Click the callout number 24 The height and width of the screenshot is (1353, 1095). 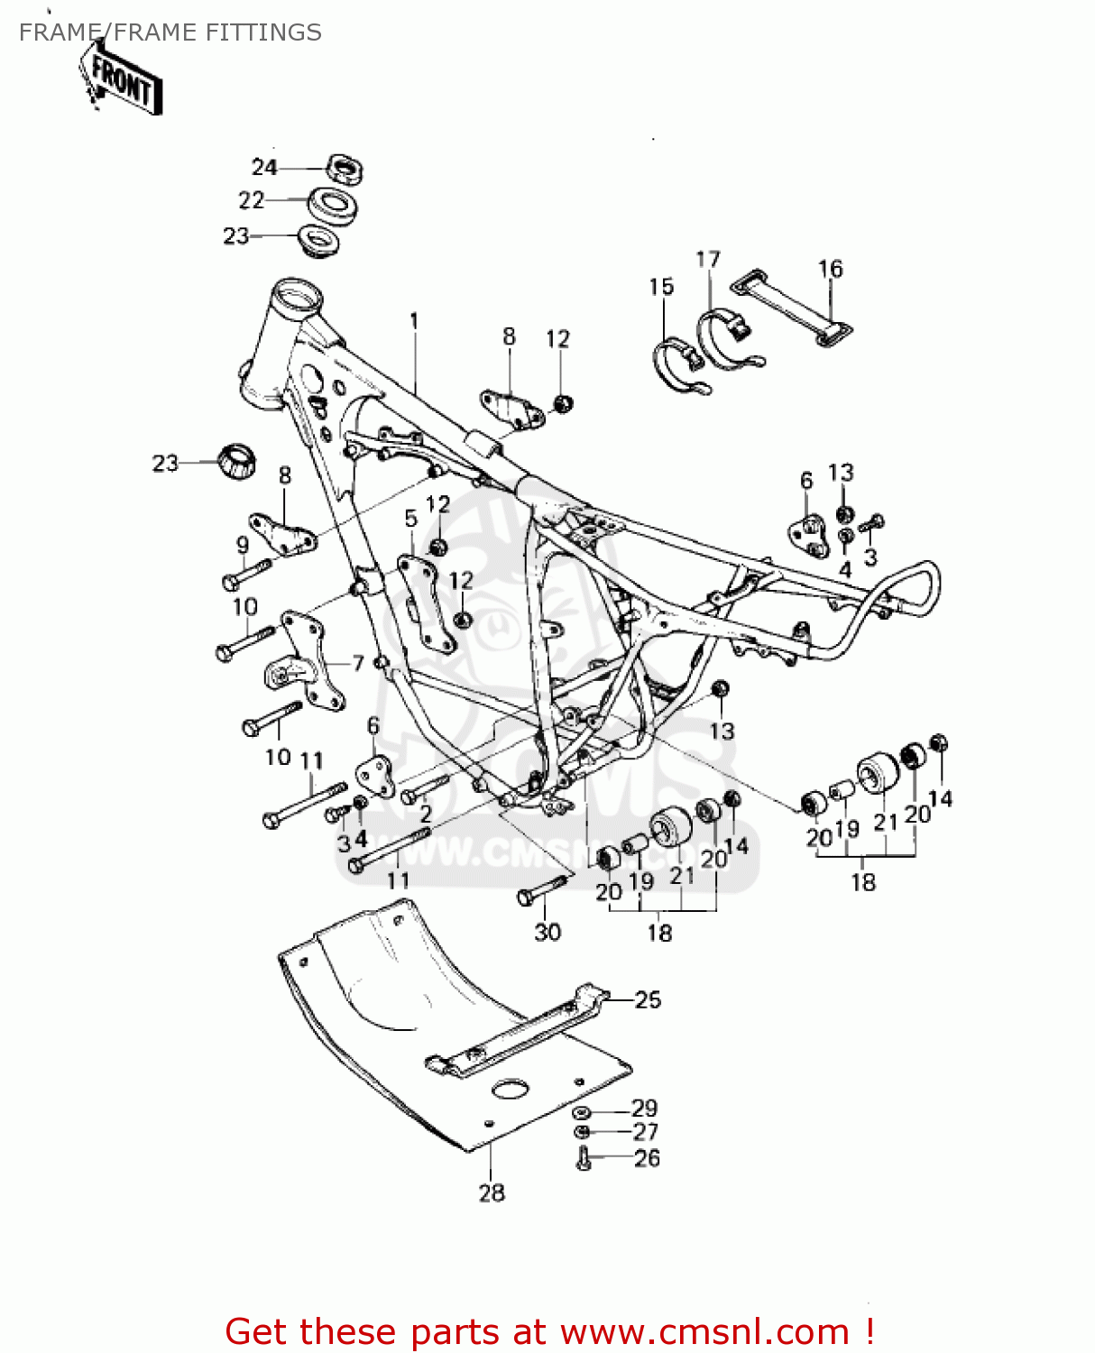[263, 168]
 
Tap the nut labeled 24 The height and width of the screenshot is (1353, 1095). [344, 169]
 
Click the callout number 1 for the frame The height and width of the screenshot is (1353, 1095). [414, 321]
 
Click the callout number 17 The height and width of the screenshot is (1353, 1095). [708, 260]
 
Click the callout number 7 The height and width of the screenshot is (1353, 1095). [358, 663]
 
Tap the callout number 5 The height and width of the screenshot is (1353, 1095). [411, 519]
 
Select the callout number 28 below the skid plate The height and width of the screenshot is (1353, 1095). [492, 1192]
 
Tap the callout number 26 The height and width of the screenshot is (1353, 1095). [647, 1158]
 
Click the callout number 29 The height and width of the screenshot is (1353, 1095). [644, 1108]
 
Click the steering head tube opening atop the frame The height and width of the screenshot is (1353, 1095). [297, 295]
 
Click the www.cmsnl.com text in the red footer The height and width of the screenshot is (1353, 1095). [704, 1331]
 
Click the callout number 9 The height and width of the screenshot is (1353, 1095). [243, 545]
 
